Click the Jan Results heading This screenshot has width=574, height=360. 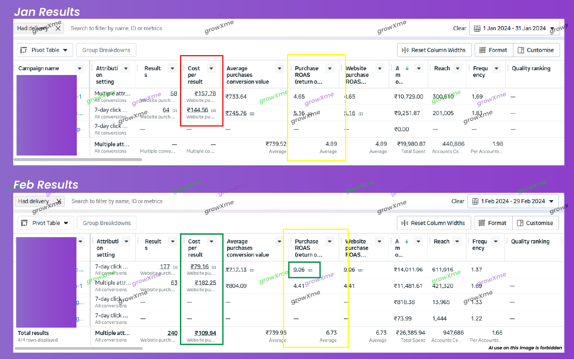coord(47,12)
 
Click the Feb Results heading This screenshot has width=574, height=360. coord(46,185)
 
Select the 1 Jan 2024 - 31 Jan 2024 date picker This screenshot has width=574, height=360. coord(514,28)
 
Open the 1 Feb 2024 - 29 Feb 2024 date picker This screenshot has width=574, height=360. coord(513,201)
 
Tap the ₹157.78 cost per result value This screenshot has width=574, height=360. coord(205,94)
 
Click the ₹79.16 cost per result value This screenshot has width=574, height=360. coord(200,267)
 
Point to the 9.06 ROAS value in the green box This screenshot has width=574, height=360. coord(299,270)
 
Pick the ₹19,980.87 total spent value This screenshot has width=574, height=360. coord(411,144)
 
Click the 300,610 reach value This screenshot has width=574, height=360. coord(443,96)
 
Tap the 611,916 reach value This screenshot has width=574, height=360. coord(443,270)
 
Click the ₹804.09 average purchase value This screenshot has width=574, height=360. coord(236,286)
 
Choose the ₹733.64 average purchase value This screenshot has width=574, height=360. coord(236,96)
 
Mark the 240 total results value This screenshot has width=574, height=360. coord(172,333)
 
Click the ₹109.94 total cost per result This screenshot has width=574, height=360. coord(205,333)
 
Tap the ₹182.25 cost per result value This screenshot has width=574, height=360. coord(205,283)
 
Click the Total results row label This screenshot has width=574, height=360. coord(33,333)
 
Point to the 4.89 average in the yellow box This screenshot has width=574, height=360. coord(331,144)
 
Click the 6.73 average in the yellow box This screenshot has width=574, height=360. coord(331,332)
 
